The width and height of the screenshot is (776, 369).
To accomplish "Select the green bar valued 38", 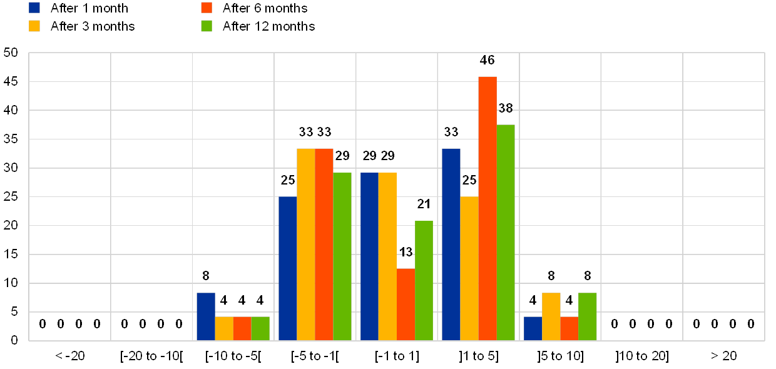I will [506, 232].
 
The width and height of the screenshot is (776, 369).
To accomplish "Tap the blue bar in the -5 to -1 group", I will [287, 268].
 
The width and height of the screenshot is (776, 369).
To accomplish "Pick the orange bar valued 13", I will [406, 304].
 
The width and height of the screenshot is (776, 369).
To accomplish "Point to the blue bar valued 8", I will [205, 316].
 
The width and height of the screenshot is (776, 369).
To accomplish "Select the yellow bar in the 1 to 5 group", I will [469, 268].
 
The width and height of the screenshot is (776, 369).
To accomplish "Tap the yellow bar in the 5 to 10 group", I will [551, 316].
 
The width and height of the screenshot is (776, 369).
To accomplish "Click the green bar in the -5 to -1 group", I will [342, 256].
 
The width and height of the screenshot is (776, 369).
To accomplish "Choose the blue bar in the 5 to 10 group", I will [533, 328].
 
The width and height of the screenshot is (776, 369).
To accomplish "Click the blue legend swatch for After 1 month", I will [35, 8].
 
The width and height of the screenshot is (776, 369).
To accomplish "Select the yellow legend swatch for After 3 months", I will [35, 26].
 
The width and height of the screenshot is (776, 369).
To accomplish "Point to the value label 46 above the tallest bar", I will [487, 60].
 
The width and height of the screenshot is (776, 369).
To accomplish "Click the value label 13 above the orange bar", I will [406, 251].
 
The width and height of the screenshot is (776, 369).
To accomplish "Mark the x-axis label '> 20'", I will [723, 356].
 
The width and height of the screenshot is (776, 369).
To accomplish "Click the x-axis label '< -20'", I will [69, 356].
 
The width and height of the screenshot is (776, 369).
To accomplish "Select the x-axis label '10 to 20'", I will [641, 356].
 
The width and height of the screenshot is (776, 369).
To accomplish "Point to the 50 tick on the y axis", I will [11, 53].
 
